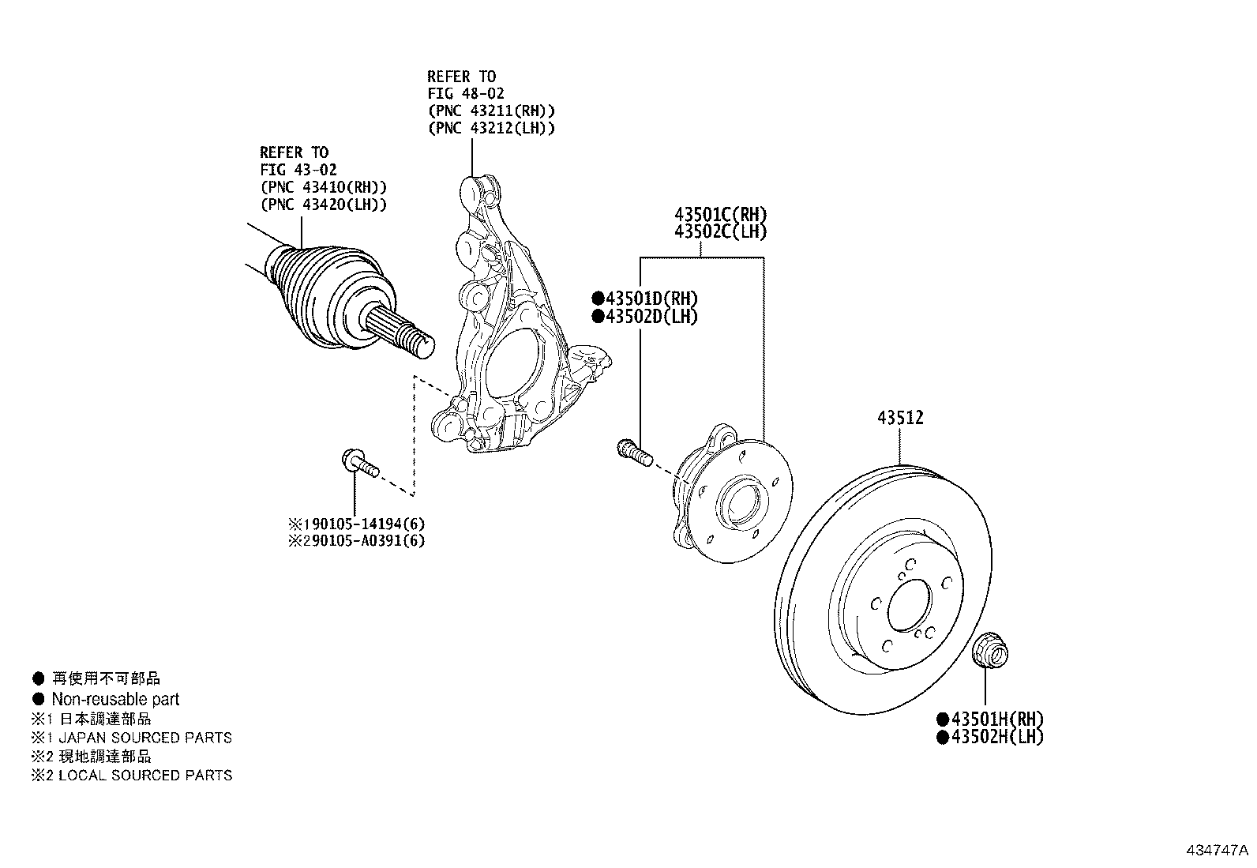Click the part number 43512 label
pyautogui.click(x=899, y=418)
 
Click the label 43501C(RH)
pyautogui.click(x=720, y=214)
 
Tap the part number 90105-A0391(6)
pyautogui.click(x=364, y=541)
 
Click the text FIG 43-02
pyautogui.click(x=298, y=170)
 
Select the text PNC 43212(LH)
pyautogui.click(x=491, y=128)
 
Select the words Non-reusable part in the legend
pyautogui.click(x=115, y=699)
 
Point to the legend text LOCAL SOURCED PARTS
pyautogui.click(x=145, y=775)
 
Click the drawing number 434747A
pyautogui.click(x=1216, y=851)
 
